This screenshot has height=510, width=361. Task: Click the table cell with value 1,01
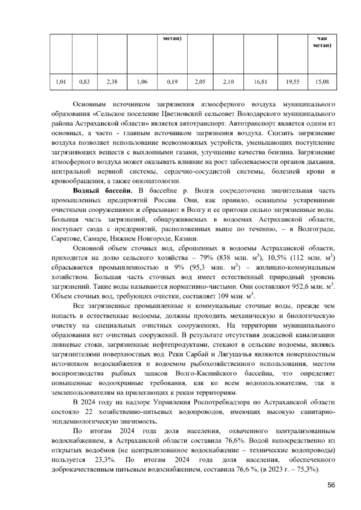pos(61,81)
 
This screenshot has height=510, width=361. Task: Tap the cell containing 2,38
pos(112,81)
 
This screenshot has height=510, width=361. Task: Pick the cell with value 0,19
pos(172,81)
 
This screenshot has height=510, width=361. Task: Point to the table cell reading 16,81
pos(260,81)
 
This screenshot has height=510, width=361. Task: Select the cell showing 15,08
pos(322,81)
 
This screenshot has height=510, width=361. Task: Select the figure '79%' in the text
pos(206,258)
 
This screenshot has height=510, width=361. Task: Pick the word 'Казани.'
pos(188,239)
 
